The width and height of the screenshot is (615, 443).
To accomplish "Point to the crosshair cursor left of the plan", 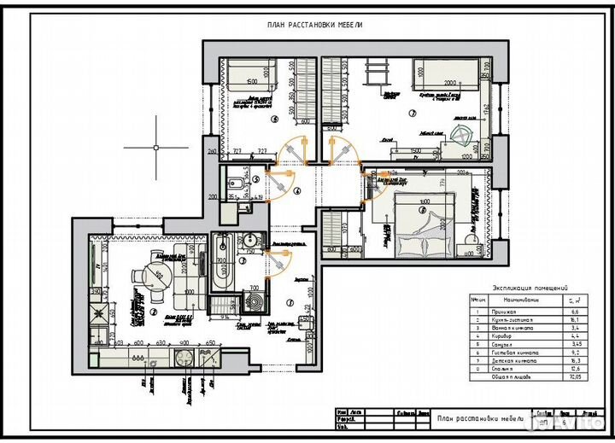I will coord(156,147).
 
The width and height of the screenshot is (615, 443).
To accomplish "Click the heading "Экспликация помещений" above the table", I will coord(530,289).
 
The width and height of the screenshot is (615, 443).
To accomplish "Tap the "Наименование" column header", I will coord(518,300).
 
